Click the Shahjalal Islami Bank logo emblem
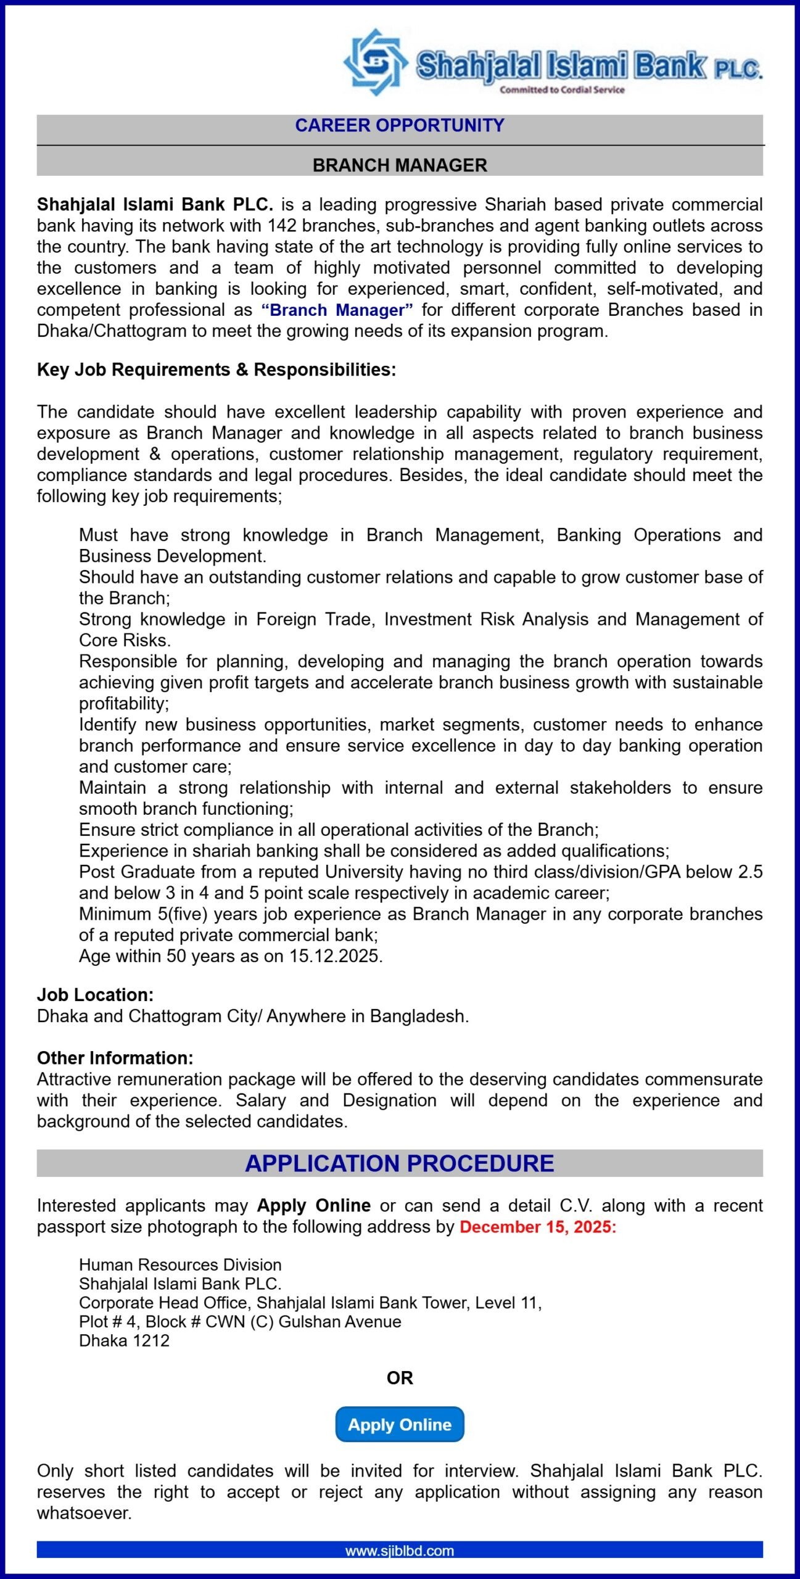[x=375, y=62]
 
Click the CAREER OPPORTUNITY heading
[x=400, y=125]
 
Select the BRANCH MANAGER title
[x=400, y=165]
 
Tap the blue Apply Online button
[x=400, y=1425]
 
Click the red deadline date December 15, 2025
[x=538, y=1227]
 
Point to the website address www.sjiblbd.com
[x=400, y=1551]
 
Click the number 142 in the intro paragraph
[x=282, y=226]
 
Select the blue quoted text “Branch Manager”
[x=337, y=310]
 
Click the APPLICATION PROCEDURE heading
[x=400, y=1163]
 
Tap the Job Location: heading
[x=95, y=995]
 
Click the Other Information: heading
[x=115, y=1058]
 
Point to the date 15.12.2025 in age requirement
[x=336, y=956]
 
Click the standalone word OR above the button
[x=400, y=1378]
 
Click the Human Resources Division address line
[x=180, y=1265]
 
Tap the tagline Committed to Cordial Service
[x=562, y=90]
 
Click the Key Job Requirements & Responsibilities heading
[x=216, y=369]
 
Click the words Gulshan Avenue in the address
[x=340, y=1322]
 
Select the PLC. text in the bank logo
[x=738, y=69]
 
